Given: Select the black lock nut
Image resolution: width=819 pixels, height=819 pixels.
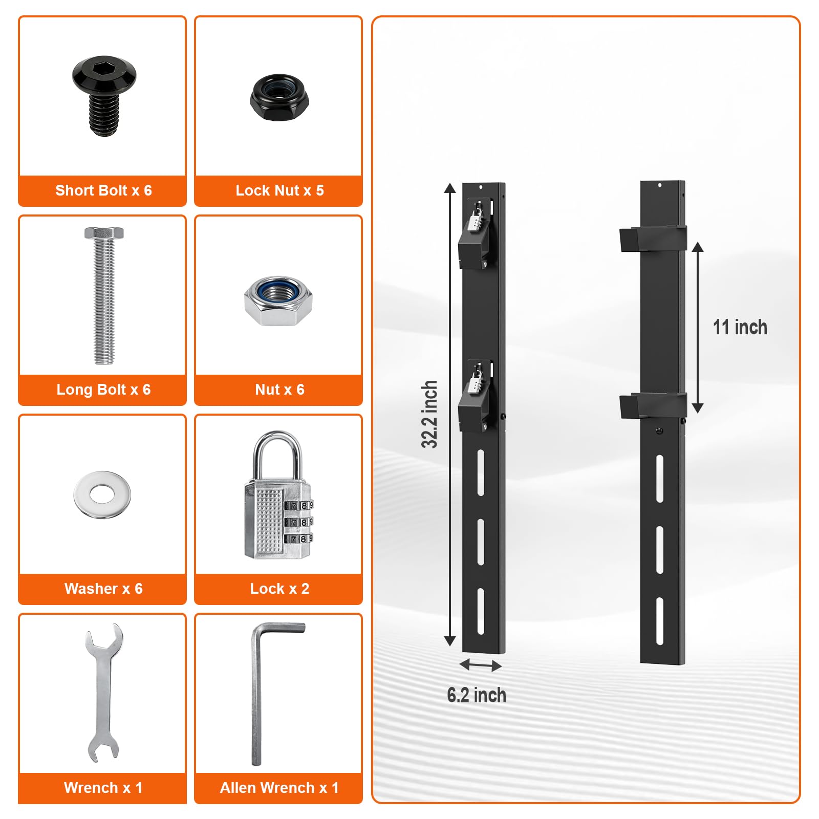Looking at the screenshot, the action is tap(279, 97).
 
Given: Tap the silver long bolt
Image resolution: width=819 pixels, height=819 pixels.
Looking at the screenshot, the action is tap(104, 295).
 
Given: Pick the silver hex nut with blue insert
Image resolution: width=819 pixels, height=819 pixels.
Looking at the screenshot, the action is tap(278, 301).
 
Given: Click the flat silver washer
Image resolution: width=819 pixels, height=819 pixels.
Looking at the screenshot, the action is tap(102, 494).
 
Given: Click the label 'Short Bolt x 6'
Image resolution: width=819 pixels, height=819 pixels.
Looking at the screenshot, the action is tap(103, 190).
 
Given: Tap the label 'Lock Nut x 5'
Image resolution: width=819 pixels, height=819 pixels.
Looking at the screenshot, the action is tap(279, 190).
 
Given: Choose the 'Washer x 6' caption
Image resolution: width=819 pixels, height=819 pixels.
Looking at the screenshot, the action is tap(103, 589).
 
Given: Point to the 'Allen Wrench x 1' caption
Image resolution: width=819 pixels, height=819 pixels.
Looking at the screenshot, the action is tap(279, 788).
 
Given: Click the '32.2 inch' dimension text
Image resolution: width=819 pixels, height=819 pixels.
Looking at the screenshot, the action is tap(429, 414).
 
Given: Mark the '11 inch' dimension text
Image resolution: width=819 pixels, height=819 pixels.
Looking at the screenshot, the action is tap(740, 327).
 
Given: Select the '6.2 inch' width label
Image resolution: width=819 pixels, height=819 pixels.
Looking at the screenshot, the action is tap(477, 695).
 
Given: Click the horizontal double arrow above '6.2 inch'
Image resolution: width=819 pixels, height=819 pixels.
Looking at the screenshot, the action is tap(480, 665).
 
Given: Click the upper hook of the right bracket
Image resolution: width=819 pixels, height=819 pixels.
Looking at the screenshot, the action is tap(652, 239).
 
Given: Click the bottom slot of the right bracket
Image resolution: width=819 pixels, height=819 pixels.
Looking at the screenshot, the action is tap(660, 620).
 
